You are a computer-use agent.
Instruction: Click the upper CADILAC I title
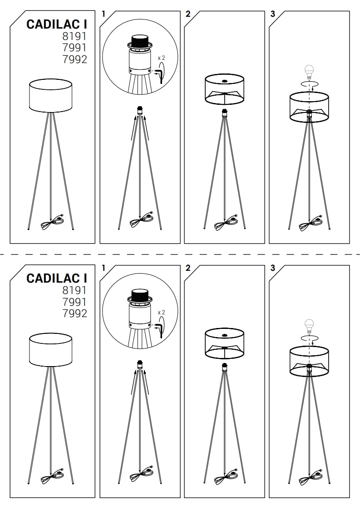[x=57, y=24]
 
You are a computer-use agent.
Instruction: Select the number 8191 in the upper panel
[x=75, y=36]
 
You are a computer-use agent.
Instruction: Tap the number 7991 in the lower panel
[x=75, y=302]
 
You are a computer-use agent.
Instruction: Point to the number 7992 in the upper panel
[x=75, y=59]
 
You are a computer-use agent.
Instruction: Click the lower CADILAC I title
[x=57, y=278]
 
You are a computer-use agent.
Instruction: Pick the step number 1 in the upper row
[x=104, y=14]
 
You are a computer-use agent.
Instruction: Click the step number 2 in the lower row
[x=188, y=268]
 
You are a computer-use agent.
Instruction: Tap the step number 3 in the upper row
[x=272, y=14]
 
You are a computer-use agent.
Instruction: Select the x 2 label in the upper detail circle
[x=161, y=58]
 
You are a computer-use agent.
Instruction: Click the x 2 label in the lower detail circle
[x=161, y=312]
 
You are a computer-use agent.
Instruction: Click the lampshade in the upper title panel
[x=50, y=96]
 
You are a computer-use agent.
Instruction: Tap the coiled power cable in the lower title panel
[x=53, y=478]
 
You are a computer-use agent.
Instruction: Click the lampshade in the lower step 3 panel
[x=309, y=362]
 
